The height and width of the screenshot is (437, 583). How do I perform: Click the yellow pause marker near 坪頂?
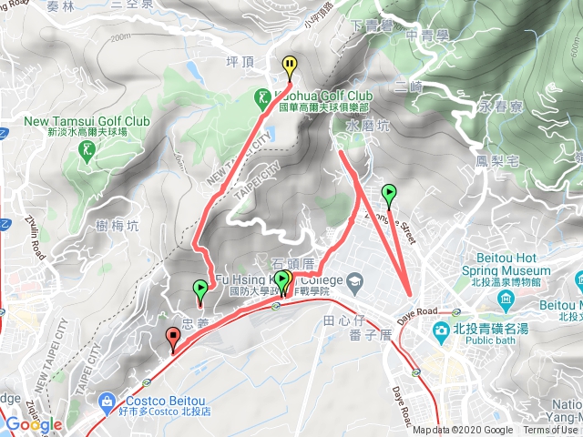[x=290, y=65]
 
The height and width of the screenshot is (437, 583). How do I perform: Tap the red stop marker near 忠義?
[x=172, y=339]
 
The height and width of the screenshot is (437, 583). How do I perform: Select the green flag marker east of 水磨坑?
[x=389, y=192]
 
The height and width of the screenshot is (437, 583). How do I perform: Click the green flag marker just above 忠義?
[x=200, y=290]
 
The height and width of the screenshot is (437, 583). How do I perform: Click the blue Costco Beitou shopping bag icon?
[x=108, y=401]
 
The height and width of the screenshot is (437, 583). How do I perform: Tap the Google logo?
[x=34, y=424]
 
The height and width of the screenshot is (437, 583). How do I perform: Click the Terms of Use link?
[x=549, y=431]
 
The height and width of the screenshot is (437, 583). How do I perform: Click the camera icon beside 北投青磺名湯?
[x=441, y=329]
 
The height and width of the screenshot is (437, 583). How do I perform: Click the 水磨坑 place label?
[x=367, y=127]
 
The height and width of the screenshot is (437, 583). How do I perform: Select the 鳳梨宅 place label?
[x=497, y=161]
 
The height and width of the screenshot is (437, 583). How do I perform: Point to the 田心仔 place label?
[x=343, y=320]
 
